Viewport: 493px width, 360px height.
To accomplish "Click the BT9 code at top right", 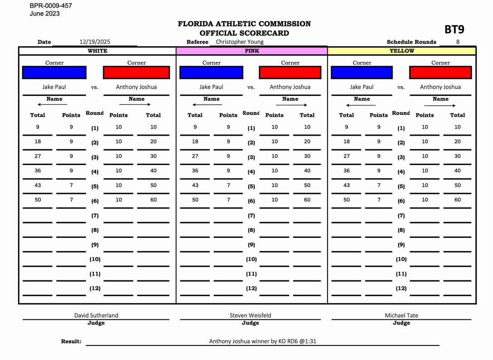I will (454, 30).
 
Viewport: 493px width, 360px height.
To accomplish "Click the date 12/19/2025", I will (95, 42).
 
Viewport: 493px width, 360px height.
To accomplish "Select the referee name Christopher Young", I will (239, 42).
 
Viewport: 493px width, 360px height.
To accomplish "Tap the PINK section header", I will (252, 51).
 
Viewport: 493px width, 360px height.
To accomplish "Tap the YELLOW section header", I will (402, 51).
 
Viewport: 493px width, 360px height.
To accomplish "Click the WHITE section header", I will (97, 51).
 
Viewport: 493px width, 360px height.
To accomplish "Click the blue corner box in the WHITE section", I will (54, 72).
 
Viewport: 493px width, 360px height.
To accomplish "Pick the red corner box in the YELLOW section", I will (440, 72).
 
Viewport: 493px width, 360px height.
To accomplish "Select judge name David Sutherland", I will (96, 315).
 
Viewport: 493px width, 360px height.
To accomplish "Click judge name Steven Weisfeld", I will (250, 315).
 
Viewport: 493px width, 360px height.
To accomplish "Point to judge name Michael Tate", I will (401, 315).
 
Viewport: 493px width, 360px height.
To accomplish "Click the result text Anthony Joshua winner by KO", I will (262, 341).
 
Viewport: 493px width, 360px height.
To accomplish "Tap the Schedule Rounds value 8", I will (458, 42).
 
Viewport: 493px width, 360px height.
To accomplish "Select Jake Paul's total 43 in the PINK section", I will (195, 185).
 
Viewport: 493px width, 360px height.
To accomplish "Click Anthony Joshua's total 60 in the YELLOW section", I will (457, 199).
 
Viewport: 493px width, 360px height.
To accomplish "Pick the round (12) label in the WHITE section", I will (95, 288).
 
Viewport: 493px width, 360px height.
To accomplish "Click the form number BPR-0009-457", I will (51, 6).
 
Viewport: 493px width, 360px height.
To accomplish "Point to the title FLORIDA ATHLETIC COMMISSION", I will (244, 24).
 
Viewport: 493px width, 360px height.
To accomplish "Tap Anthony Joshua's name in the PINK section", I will (290, 87).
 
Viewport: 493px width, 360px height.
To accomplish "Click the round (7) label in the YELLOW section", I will (401, 216).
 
